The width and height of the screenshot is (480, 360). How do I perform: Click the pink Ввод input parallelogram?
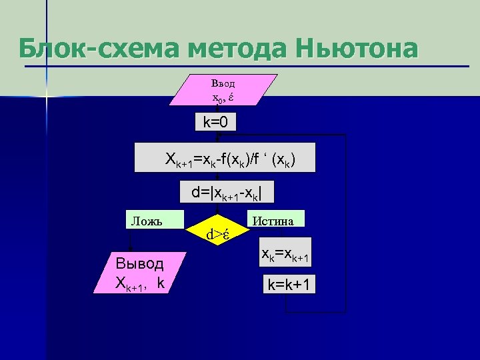[223, 91]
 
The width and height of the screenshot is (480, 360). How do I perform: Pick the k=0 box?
[215, 123]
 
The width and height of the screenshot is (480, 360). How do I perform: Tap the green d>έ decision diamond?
[218, 234]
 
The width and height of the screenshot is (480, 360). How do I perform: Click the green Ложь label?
[145, 219]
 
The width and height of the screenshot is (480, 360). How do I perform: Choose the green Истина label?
[276, 219]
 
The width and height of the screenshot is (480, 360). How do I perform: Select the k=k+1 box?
[291, 285]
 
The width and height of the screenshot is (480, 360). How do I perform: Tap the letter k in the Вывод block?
[161, 282]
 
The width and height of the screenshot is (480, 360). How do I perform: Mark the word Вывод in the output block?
[139, 263]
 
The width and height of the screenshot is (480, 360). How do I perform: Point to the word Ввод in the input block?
[223, 84]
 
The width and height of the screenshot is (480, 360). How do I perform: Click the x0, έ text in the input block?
[223, 97]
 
